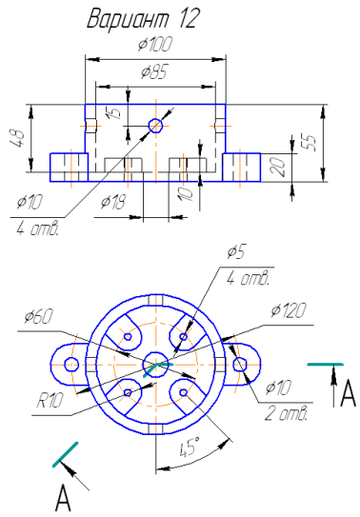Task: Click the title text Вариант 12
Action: [144, 18]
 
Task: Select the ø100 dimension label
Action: [155, 44]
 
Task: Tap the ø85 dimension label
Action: [154, 71]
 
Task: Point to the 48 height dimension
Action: [17, 138]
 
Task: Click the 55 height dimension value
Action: [310, 143]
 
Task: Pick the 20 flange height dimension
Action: [277, 167]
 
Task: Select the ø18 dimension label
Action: [113, 202]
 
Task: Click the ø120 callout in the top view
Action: [289, 310]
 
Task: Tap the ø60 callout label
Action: [38, 317]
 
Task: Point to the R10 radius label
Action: [50, 401]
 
